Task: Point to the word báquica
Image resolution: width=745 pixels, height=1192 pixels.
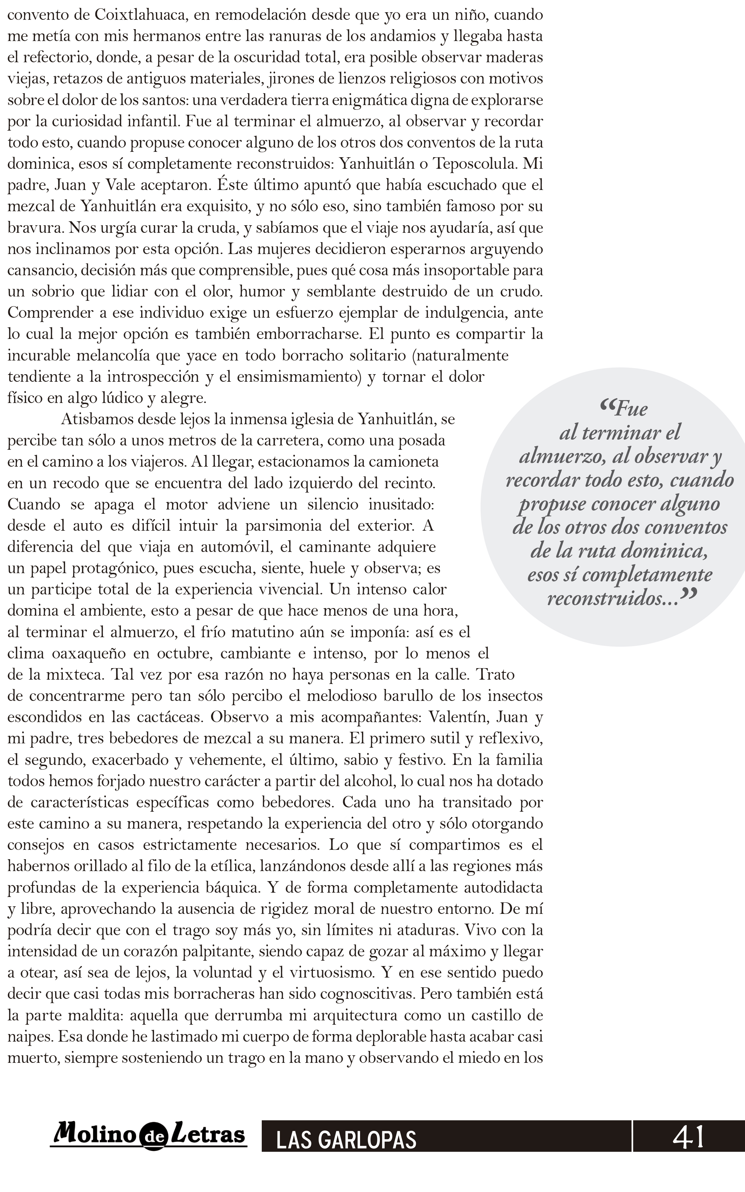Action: pyautogui.click(x=231, y=888)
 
